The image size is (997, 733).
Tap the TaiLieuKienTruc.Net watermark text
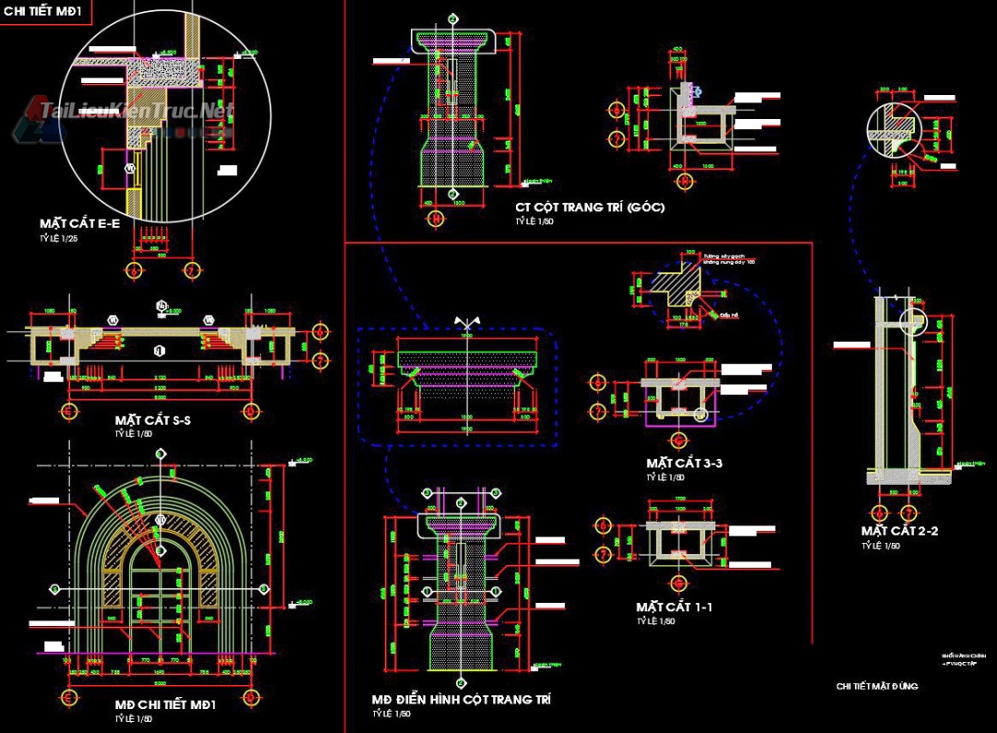(136, 113)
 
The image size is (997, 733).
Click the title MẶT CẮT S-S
(153, 420)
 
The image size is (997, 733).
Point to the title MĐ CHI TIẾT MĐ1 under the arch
(165, 704)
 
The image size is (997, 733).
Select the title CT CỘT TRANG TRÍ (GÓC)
(590, 208)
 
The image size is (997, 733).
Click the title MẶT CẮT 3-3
(684, 463)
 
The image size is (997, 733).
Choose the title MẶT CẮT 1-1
(674, 607)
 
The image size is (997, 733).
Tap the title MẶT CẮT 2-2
(900, 531)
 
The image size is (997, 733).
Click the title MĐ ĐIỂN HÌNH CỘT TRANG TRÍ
(462, 700)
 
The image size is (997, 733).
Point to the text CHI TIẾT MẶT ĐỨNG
(877, 686)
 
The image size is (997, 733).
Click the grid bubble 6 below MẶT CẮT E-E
(135, 270)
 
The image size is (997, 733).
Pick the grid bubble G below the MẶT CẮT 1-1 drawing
(677, 583)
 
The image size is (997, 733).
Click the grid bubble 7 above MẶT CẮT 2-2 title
(908, 511)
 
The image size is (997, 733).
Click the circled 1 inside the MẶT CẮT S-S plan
(159, 351)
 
